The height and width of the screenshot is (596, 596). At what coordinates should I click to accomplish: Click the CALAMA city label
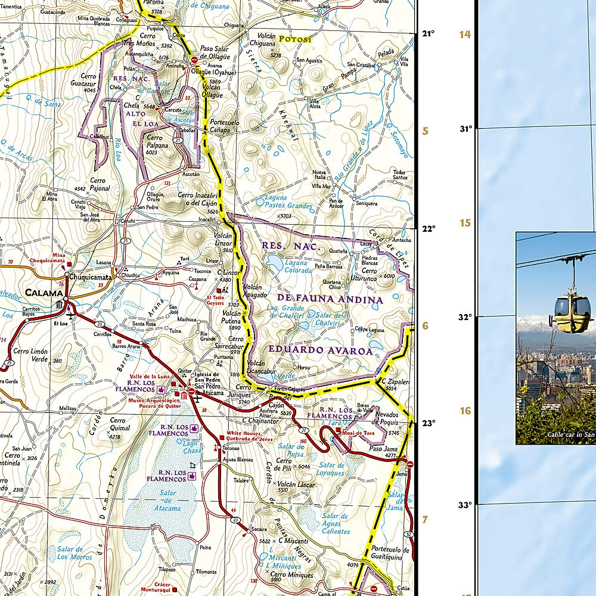44,293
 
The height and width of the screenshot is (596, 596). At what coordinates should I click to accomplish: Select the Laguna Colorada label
297,266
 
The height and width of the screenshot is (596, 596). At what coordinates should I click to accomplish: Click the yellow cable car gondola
570,310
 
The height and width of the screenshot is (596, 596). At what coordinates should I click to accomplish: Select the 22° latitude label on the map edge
429,228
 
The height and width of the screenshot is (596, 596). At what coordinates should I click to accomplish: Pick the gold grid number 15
464,223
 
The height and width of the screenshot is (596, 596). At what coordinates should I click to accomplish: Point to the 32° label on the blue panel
465,316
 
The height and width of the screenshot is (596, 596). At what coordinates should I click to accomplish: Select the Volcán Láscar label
295,485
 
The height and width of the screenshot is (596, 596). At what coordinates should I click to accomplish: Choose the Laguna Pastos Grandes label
288,201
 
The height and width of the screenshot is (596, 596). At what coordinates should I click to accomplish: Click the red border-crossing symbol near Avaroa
194,60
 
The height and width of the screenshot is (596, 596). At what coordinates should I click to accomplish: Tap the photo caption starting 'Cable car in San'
571,434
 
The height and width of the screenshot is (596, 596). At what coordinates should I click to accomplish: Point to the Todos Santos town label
400,175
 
